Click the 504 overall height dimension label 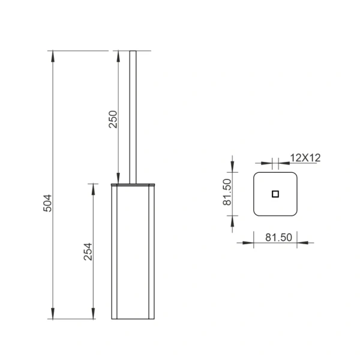point(47,203)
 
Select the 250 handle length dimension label point(113,119)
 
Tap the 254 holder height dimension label point(88,251)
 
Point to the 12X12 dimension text point(305,158)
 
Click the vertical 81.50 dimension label point(227,192)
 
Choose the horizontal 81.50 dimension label point(279,238)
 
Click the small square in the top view point(275,194)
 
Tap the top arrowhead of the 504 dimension point(53,56)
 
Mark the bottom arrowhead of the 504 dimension point(53,313)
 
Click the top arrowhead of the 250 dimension point(118,56)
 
